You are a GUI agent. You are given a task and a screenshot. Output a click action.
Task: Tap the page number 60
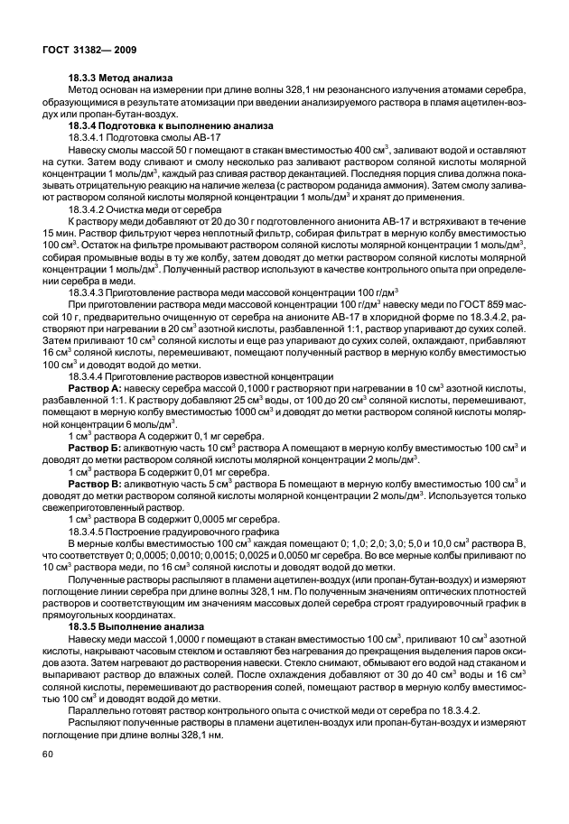click(48, 780)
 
